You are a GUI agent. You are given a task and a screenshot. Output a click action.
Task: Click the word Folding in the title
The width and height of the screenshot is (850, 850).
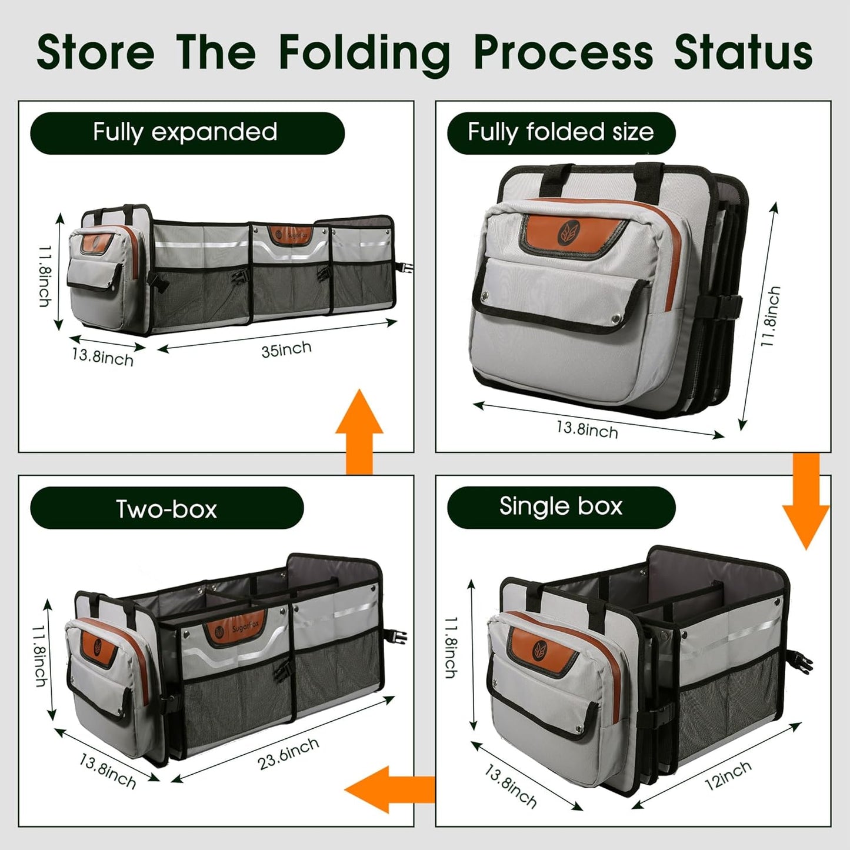[364, 53]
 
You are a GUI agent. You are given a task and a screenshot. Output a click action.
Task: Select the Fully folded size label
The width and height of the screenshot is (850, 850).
[561, 132]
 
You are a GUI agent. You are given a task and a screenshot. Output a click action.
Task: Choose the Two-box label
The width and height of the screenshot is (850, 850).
[166, 508]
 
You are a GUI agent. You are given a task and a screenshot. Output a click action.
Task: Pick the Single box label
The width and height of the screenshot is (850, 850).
[561, 506]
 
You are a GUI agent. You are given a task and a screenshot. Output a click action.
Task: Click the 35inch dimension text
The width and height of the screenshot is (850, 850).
[286, 349]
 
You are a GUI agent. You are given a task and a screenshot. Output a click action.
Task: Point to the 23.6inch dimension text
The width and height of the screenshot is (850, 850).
[288, 753]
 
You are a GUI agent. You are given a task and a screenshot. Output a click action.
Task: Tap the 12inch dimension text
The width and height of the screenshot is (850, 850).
[728, 775]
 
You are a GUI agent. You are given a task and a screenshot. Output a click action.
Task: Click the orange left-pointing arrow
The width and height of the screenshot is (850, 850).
[388, 789]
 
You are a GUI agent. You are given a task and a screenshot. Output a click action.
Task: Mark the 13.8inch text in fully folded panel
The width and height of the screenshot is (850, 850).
[587, 429]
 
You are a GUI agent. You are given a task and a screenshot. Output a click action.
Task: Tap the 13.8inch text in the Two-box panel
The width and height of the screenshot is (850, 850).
[108, 771]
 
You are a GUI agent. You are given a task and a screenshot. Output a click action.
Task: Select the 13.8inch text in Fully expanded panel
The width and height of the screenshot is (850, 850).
[103, 357]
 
